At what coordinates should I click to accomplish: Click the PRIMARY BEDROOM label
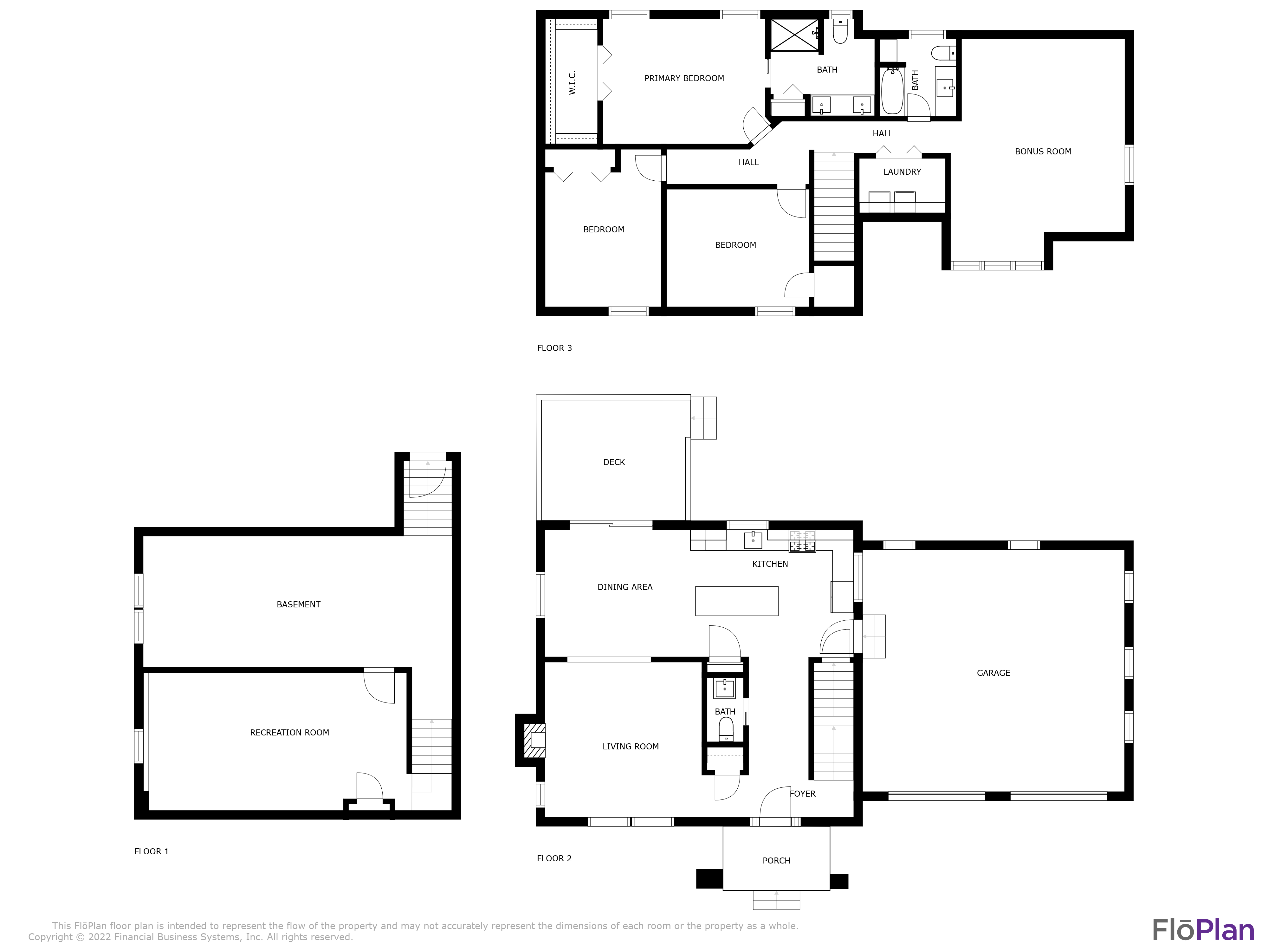pyautogui.click(x=684, y=79)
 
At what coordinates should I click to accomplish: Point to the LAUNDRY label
pyautogui.click(x=902, y=172)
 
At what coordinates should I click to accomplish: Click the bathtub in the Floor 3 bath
pyautogui.click(x=892, y=92)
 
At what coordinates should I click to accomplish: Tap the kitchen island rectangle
pyautogui.click(x=737, y=601)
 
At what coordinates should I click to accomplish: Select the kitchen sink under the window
pyautogui.click(x=753, y=540)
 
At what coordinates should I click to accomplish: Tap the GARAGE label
pyautogui.click(x=993, y=673)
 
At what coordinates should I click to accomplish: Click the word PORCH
pyautogui.click(x=776, y=860)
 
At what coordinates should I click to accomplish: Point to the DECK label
pyautogui.click(x=614, y=462)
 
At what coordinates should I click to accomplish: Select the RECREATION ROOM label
pyautogui.click(x=289, y=733)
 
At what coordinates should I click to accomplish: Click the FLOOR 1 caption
pyautogui.click(x=151, y=851)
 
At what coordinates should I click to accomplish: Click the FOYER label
pyautogui.click(x=803, y=794)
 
